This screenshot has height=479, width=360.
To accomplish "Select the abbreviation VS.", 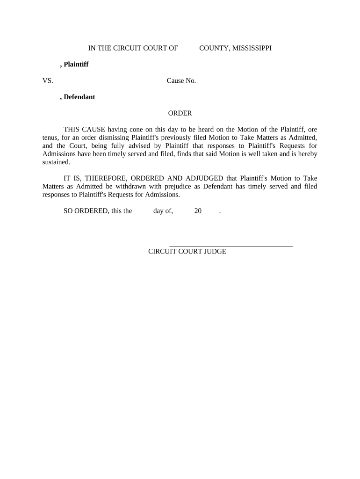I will (48, 80).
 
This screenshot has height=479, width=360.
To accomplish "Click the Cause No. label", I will (181, 80).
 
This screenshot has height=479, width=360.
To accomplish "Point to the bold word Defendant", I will (79, 97).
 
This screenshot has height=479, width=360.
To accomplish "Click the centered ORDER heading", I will (180, 113).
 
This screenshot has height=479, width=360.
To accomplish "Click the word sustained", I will (56, 162).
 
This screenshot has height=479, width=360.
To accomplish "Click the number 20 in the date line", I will (198, 210).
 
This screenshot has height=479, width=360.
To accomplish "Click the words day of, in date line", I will (163, 210).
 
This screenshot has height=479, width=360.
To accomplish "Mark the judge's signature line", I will (231, 245).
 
